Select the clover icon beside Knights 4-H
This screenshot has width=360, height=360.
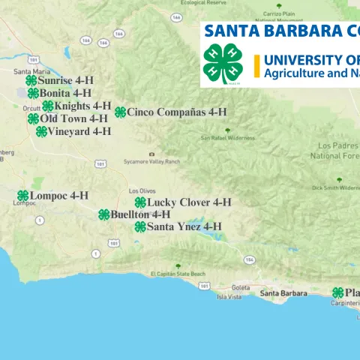48,106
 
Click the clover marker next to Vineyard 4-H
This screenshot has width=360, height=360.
41,131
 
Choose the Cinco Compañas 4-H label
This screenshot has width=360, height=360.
176,112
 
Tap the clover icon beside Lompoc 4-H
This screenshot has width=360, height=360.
23,196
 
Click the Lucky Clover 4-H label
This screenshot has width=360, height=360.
189,202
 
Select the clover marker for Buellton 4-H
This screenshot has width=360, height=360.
104,214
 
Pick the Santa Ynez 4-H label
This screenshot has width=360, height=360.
184,226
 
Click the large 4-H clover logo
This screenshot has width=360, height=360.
223,64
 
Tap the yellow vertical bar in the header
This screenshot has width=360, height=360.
256,66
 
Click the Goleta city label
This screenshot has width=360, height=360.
241,288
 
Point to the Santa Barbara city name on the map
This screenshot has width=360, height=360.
283,292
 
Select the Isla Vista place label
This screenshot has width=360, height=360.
229,297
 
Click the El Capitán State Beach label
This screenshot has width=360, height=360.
178,274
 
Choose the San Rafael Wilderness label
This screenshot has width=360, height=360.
228,138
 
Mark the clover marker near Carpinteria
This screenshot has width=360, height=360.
338,292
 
